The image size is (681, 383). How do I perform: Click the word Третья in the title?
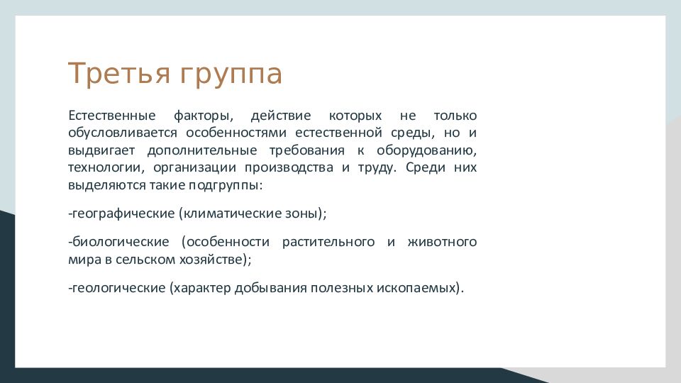(119, 73)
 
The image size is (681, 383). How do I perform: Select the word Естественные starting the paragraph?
(112, 116)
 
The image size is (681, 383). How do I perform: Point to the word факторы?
(204, 116)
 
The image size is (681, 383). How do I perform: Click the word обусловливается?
(123, 133)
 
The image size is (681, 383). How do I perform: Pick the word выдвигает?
(101, 150)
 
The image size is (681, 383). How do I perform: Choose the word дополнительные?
(202, 150)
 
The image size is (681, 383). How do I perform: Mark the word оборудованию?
(426, 150)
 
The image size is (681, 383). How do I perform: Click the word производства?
(289, 168)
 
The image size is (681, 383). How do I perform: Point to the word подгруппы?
(226, 186)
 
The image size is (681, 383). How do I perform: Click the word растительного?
(328, 243)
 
